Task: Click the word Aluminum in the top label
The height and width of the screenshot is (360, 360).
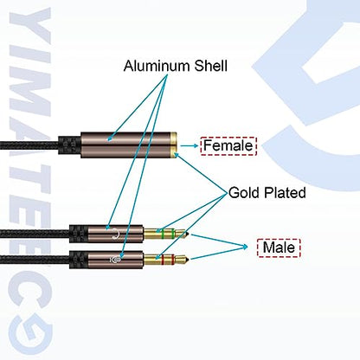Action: pos(157,66)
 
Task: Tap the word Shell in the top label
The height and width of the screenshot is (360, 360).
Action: pos(211,66)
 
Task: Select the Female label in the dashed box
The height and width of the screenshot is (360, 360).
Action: pos(228,145)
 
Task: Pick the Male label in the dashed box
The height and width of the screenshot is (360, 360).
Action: pos(279,247)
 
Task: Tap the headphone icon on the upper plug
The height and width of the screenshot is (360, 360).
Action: pos(116,234)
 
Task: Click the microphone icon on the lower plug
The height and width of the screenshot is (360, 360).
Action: pos(115,260)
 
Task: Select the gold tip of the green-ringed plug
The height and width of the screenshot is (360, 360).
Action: pos(183,234)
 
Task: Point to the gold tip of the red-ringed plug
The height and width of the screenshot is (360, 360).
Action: pos(183,260)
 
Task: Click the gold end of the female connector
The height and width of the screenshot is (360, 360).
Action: pos(173,145)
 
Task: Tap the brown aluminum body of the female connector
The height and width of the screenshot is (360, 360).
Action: pos(125,145)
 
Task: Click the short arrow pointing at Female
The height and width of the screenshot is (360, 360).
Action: pos(190,146)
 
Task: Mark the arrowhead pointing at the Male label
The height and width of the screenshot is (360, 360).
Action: pos(245,247)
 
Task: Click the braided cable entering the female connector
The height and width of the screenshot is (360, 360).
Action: pos(29,145)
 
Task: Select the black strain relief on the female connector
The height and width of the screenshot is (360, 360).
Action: pos(69,145)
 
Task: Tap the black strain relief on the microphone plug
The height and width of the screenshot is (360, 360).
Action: pos(79,260)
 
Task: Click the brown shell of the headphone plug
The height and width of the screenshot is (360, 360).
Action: pos(115,234)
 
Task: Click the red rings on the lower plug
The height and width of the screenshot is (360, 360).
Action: pos(168,260)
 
